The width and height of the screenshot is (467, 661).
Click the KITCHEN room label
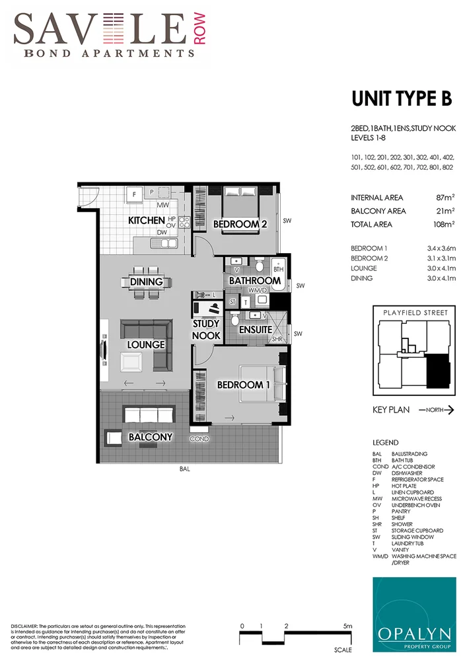[146, 219]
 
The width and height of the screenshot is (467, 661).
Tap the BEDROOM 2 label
[240, 224]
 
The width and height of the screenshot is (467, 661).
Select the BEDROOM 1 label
[244, 385]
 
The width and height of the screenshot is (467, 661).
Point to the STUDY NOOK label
[206, 330]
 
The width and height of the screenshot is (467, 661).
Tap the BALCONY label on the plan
[150, 437]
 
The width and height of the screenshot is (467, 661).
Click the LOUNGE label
[146, 344]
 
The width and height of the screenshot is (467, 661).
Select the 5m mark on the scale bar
[347, 625]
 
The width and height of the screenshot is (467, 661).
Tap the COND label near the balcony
[199, 438]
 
